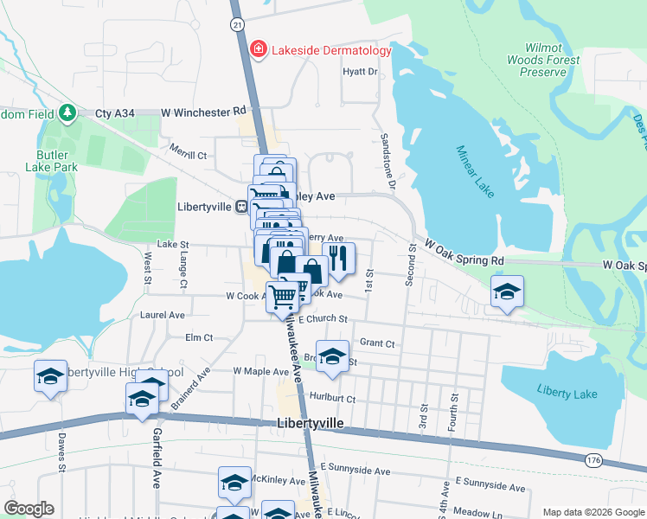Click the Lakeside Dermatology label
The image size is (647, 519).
coord(331,50)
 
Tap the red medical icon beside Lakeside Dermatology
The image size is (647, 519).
coord(258,49)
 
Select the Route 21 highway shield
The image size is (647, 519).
coord(237,26)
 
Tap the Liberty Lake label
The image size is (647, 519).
coord(567,394)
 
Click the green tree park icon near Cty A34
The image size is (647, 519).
coord(67,113)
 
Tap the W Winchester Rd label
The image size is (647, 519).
coord(204,112)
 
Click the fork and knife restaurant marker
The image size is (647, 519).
coord(338,259)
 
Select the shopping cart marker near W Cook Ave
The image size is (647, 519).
coord(283,296)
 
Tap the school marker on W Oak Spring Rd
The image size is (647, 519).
coord(507,292)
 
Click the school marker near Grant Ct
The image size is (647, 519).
coord(331,357)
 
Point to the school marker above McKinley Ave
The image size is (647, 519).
coord(234,484)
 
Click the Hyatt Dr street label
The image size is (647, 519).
coord(361,72)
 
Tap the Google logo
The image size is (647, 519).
coord(29,509)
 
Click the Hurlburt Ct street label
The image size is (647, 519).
coord(331,399)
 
